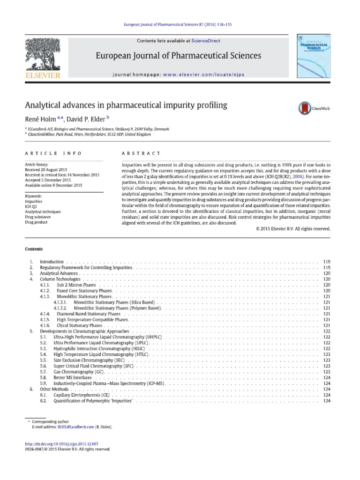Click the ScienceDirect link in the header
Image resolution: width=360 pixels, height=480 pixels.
click(205, 41)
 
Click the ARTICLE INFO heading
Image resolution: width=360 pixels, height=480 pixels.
click(52, 153)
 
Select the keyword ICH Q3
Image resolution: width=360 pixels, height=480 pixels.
click(30, 207)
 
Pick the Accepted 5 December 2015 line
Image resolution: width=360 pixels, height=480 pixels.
click(48, 180)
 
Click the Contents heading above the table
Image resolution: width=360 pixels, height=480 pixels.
click(33, 249)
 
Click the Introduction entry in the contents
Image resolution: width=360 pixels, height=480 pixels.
click(52, 261)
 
